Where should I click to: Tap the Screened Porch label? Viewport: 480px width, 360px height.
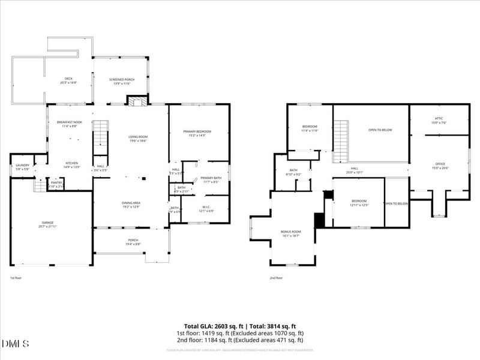(120, 81)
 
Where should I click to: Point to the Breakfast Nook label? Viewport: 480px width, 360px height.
(69, 124)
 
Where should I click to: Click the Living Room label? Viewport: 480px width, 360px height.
(138, 139)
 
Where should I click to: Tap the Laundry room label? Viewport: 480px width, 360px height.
(23, 167)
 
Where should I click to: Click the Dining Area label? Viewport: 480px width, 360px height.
(131, 205)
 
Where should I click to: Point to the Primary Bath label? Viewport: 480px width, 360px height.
(211, 179)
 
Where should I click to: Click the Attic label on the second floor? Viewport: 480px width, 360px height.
(439, 120)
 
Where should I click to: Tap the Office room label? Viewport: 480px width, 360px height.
(441, 166)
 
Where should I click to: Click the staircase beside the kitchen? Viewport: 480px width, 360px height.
(100, 137)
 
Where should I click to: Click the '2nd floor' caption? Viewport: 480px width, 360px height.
(277, 278)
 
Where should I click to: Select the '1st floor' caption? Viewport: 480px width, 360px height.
(16, 278)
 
